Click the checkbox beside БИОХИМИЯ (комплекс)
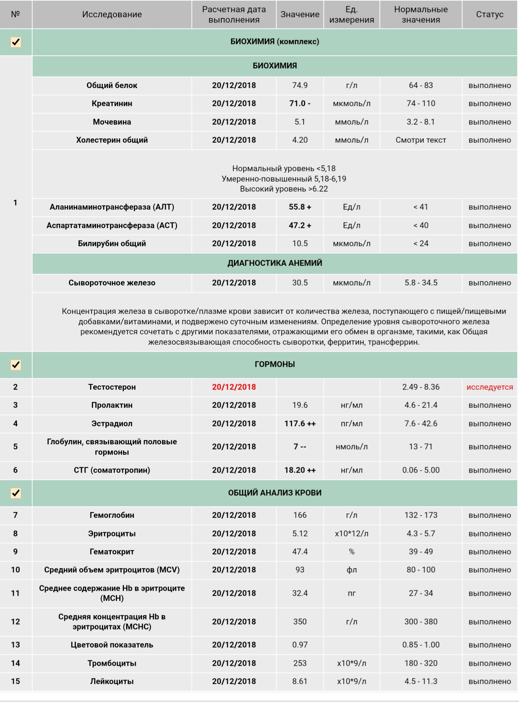[16, 42]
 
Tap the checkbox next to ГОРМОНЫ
[16, 365]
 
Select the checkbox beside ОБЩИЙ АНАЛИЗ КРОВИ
[16, 493]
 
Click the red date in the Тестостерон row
[234, 387]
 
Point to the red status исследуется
[489, 387]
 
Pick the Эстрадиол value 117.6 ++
[300, 424]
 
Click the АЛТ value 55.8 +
[300, 207]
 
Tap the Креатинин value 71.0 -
[300, 104]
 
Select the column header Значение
[300, 15]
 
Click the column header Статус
[489, 15]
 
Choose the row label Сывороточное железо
[112, 283]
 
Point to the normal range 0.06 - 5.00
[421, 470]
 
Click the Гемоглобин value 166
[300, 515]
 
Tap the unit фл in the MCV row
[352, 570]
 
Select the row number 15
[15, 681]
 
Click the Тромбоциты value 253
[300, 663]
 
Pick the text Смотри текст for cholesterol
[421, 140]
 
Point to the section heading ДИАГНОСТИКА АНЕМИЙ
[275, 263]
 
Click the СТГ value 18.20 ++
[300, 470]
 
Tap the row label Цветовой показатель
[112, 645]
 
